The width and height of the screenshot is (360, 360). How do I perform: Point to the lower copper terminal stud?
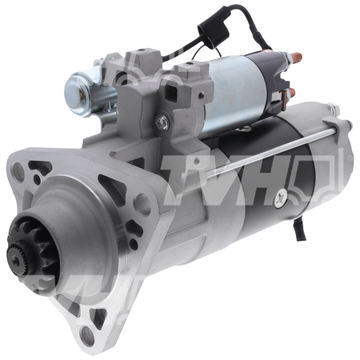point(290,93)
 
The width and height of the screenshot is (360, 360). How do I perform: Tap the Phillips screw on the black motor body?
point(281,198)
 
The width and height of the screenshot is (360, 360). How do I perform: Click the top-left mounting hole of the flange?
point(18,169)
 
